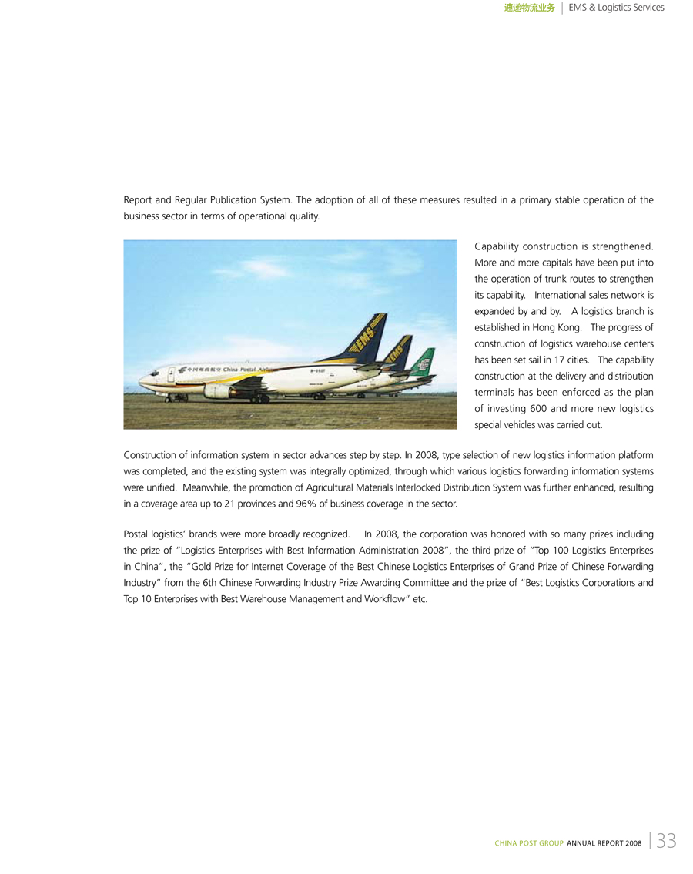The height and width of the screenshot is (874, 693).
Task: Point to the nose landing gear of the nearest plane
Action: pos(167,398)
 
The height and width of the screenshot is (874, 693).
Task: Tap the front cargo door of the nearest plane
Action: pos(171,375)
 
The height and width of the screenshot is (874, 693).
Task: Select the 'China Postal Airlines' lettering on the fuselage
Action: pos(249,370)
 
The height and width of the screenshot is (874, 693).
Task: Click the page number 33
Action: pos(667,840)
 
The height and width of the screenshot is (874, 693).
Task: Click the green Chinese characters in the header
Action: pos(529,8)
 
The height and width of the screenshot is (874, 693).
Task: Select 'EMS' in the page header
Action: pos(578,8)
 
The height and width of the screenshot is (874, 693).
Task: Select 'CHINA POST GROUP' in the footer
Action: pos(529,844)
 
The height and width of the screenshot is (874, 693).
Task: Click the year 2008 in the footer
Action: pos(634,844)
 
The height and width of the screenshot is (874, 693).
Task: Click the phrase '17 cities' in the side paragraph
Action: pos(571,360)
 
